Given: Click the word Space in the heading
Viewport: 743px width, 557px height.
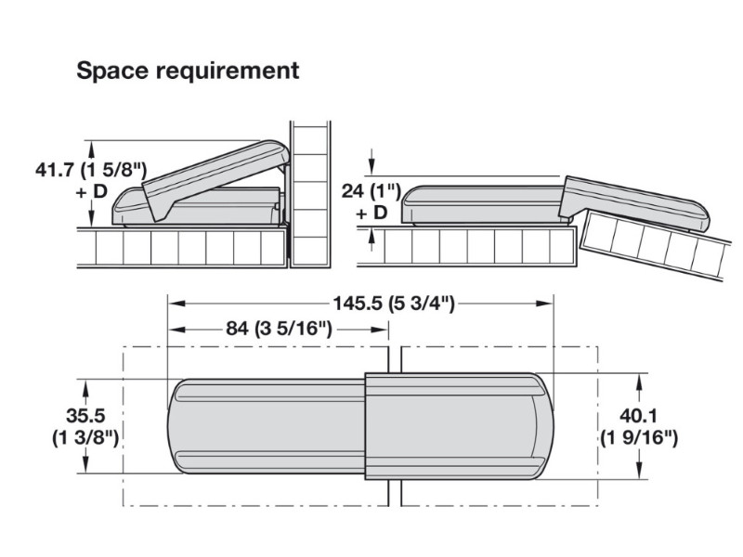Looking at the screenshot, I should click(x=108, y=71).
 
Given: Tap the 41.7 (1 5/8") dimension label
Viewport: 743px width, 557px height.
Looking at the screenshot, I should click(x=92, y=170).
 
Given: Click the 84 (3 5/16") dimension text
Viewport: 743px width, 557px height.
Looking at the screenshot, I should click(x=279, y=328).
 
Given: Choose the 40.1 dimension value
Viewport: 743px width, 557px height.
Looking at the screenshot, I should click(x=639, y=417).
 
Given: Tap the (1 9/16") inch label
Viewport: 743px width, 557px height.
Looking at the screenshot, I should click(x=639, y=437).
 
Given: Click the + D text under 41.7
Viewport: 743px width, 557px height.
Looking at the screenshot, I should click(x=94, y=191).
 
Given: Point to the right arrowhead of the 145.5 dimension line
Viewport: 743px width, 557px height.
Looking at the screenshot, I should click(x=548, y=303).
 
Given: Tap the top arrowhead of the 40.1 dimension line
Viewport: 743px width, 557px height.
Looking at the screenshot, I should click(x=640, y=378).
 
